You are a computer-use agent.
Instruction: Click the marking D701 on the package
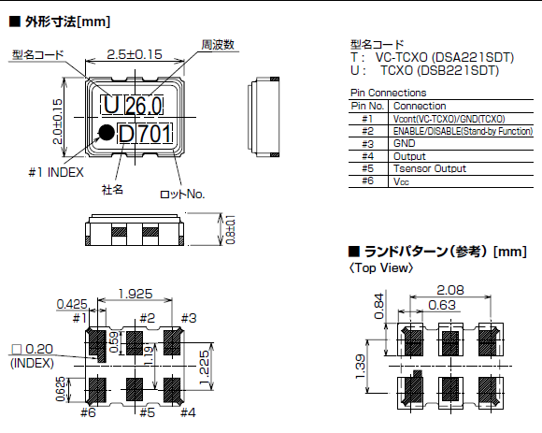pos(146,135)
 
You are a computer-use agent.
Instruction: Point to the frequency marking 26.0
pos(144,103)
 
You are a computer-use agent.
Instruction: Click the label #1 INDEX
pos(56,173)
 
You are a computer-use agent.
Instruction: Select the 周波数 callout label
pos(217,44)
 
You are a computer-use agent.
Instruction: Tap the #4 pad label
pos(187,411)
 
